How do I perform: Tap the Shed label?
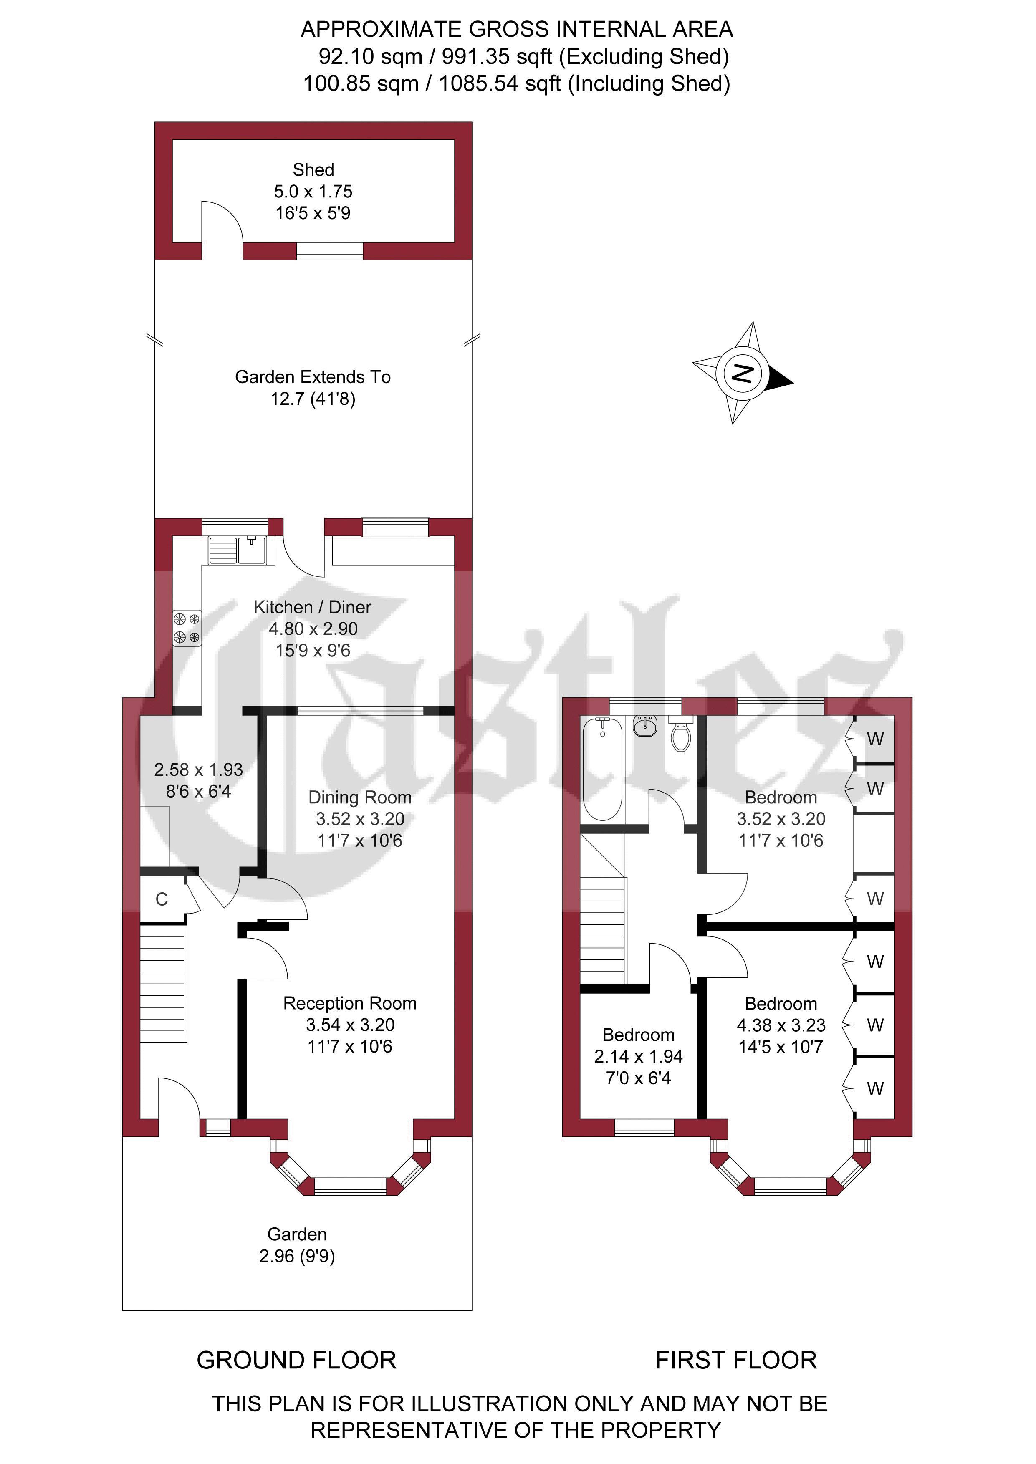[313, 169]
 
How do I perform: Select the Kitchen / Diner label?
[313, 607]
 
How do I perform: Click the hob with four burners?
[187, 628]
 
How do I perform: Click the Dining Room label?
[360, 797]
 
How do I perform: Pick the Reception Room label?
[350, 1003]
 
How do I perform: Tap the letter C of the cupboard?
[162, 899]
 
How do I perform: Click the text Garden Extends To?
[313, 377]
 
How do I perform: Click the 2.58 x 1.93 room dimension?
[198, 770]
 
